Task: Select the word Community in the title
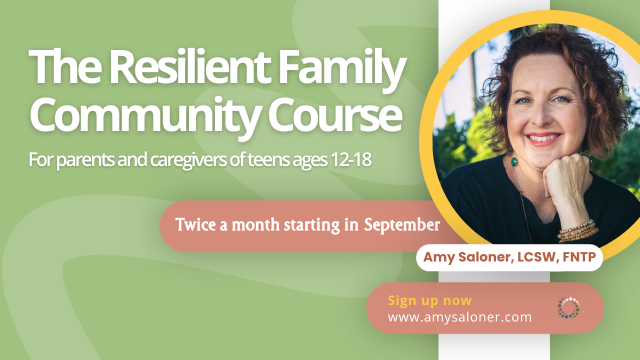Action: (x=145, y=115)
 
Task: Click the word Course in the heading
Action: (x=335, y=114)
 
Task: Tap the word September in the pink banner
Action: (x=401, y=225)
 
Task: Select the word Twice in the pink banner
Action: (x=195, y=224)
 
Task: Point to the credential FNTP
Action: (x=579, y=257)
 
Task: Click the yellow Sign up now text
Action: (x=429, y=301)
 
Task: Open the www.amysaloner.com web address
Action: (x=459, y=317)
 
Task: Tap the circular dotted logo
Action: (x=568, y=307)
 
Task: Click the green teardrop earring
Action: (x=514, y=161)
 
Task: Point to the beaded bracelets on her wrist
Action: (x=577, y=230)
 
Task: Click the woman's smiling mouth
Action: (x=543, y=139)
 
